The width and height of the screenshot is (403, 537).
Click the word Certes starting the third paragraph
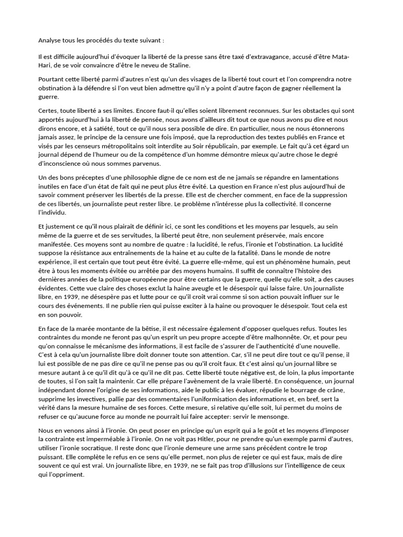tap(49, 111)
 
